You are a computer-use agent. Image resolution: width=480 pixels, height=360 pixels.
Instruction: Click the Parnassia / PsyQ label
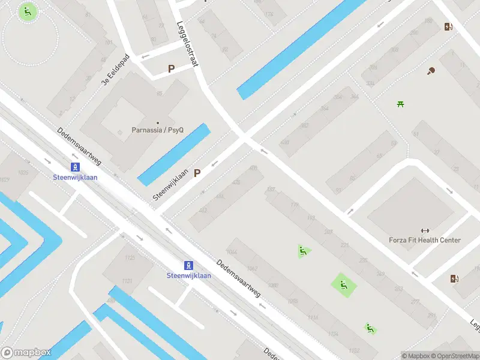[158, 130]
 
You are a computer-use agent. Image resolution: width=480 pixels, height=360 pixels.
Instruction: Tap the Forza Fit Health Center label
[425, 240]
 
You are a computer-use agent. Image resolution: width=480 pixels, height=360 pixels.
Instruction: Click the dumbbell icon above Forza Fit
[425, 230]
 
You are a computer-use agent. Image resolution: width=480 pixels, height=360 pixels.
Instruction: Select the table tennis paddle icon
[431, 71]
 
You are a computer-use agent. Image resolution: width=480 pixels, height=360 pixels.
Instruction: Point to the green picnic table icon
[400, 104]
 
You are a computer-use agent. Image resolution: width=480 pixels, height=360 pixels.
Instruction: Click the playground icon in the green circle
[28, 11]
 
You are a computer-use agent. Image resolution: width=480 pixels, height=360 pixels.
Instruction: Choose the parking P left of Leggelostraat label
[171, 69]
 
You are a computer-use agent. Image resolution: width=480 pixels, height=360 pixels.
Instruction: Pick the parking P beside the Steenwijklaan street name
[197, 173]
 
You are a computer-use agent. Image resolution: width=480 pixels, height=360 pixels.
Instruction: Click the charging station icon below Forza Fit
[454, 278]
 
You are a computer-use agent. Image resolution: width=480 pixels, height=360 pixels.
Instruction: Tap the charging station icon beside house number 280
[448, 26]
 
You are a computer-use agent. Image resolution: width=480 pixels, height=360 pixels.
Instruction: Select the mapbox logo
[25, 352]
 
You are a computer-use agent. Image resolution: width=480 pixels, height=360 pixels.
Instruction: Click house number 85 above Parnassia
[160, 94]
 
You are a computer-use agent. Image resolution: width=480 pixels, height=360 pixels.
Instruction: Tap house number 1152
[354, 350]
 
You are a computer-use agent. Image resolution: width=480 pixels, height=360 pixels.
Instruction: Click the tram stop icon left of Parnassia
[75, 167]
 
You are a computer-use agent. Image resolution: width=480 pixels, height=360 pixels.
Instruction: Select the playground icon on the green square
[344, 286]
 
